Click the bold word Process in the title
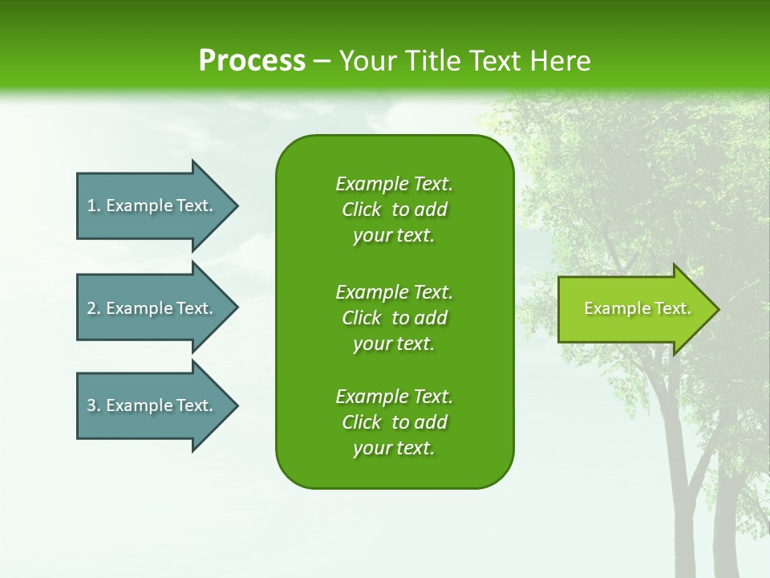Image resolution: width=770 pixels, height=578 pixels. pos(252,61)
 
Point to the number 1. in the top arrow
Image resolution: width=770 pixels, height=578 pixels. pos(94,206)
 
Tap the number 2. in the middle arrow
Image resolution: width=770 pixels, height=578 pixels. pos(94,308)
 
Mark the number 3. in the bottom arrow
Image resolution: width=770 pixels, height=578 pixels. pos(94,405)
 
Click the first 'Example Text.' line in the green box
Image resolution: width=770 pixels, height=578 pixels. pos(394,184)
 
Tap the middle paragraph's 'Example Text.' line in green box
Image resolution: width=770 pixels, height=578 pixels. pos(394,291)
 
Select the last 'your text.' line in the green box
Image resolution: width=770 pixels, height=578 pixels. pos(394,448)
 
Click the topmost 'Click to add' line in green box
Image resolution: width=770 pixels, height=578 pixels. pos(394,210)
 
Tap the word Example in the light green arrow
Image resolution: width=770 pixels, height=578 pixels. pos(611,308)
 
